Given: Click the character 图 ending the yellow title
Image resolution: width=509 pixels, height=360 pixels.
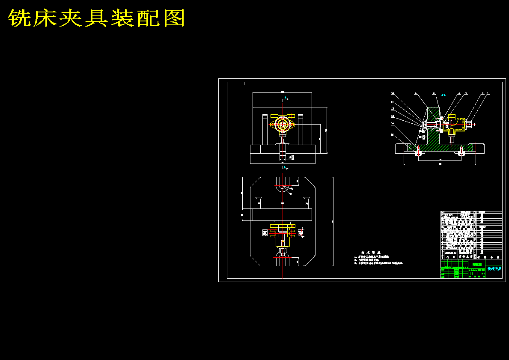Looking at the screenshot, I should (x=174, y=18).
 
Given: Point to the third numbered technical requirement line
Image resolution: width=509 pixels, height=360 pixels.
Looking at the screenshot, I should (x=379, y=263).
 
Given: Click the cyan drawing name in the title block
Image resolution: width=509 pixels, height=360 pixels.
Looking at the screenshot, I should (x=494, y=268).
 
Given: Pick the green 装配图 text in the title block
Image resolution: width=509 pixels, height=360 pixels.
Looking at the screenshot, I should (x=477, y=265).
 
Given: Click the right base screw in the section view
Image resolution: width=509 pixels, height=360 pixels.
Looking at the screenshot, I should (x=461, y=151).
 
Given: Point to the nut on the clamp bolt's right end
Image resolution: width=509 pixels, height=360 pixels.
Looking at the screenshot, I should (x=472, y=125).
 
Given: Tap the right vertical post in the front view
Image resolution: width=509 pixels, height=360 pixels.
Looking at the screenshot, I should (x=301, y=128).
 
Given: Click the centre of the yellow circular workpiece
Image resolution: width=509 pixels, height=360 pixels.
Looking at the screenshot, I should (x=283, y=125).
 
